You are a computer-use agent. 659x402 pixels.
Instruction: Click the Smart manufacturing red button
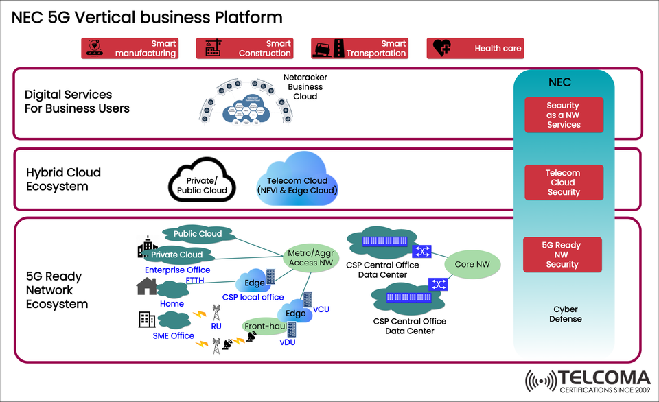130,48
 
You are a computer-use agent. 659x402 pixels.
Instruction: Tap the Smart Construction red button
245,48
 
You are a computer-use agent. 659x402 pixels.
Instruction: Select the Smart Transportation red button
360,48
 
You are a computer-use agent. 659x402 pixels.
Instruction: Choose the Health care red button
475,48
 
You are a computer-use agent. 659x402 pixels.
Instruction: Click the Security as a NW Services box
564,115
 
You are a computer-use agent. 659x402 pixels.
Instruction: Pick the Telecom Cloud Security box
564,182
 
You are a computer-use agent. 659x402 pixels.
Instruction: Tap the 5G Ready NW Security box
562,255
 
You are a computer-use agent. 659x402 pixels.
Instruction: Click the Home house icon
147,286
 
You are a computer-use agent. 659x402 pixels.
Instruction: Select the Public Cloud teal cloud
197,234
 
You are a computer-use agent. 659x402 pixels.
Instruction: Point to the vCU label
321,309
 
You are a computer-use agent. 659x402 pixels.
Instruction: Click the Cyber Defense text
565,314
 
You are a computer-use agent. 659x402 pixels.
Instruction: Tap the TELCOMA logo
588,381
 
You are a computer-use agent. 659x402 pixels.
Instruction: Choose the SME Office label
174,335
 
